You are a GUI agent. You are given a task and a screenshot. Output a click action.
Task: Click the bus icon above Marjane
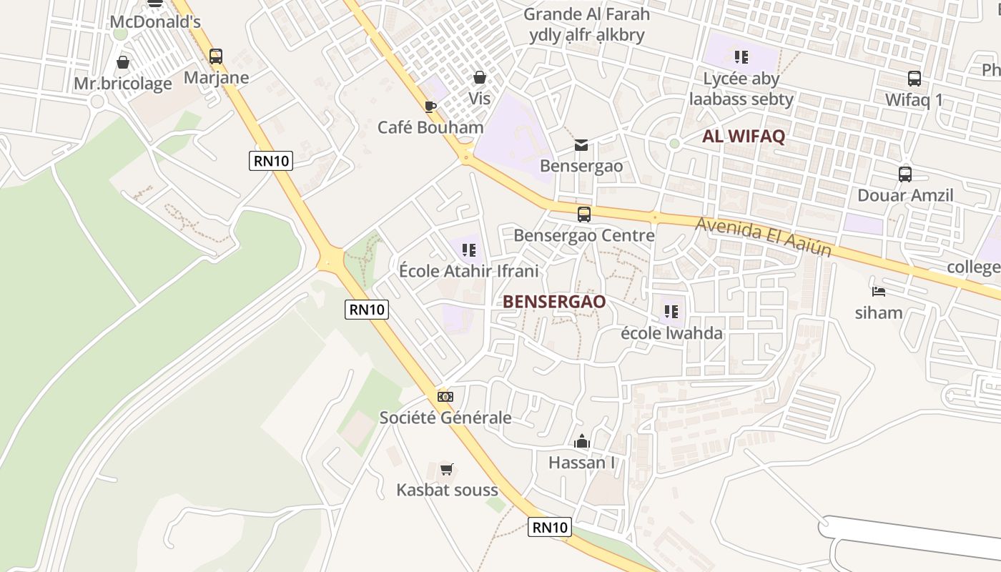[x=215, y=56]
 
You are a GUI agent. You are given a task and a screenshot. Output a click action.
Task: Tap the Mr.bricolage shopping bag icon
[x=123, y=62]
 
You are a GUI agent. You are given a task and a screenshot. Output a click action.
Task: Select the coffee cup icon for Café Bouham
[x=430, y=107]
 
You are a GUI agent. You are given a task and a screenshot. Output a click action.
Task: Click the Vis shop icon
[x=479, y=77]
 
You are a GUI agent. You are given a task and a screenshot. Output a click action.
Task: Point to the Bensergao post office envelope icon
[x=581, y=145]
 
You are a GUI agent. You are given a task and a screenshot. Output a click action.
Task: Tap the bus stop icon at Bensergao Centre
[x=583, y=214]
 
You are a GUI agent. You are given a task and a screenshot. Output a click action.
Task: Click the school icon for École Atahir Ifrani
[x=468, y=250]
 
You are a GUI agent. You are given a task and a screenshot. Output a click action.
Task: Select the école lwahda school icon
[x=671, y=312]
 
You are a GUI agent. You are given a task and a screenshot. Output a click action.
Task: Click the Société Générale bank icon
[x=445, y=396]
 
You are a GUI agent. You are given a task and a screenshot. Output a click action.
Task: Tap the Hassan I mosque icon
[x=581, y=441]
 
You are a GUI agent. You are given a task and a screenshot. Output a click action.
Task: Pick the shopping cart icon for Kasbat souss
[x=447, y=469]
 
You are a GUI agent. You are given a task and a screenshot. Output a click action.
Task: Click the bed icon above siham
[x=879, y=291]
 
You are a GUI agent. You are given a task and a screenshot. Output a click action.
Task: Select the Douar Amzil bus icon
[x=904, y=174]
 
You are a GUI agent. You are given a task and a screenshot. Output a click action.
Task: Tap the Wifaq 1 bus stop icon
[x=914, y=79]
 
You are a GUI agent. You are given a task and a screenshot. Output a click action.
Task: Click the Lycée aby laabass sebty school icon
[x=741, y=56]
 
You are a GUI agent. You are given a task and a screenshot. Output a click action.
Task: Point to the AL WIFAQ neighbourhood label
[x=744, y=137]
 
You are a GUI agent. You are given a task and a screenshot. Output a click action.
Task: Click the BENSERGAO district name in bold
[x=554, y=302]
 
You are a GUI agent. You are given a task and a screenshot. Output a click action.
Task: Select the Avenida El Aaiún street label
[x=763, y=237]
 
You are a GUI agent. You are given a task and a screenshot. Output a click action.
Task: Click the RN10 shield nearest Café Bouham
[x=272, y=161]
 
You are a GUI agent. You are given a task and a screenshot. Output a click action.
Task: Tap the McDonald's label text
[x=154, y=22]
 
